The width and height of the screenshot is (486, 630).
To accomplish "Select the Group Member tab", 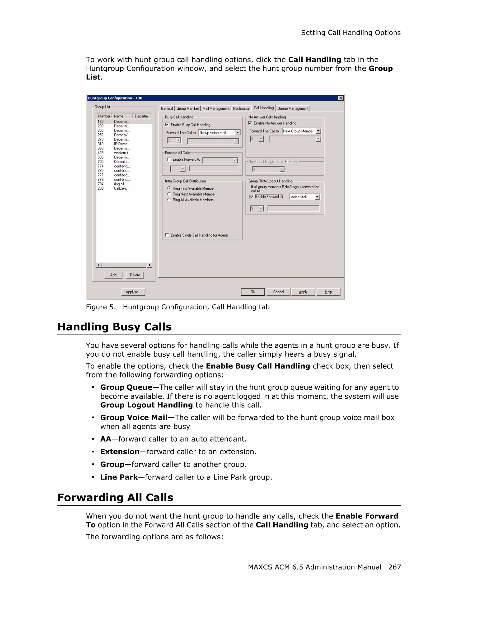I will (187, 108).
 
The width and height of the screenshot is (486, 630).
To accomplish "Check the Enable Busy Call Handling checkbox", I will (167, 125).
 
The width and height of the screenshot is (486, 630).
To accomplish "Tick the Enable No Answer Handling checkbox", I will (250, 123).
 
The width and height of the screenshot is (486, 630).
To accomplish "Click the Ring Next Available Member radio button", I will (169, 194).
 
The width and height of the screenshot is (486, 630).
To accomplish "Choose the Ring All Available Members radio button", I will (169, 200).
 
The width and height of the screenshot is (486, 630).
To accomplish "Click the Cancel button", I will (278, 292).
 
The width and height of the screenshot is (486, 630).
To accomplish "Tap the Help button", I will (328, 292).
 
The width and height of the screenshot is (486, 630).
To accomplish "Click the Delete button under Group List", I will (135, 275).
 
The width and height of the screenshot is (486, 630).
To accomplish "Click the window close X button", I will (341, 98).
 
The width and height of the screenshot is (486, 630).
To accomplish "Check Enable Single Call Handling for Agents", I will (167, 235).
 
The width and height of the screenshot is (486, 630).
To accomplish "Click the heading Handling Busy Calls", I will (115, 327).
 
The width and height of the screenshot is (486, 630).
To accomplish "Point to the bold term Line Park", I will (119, 477).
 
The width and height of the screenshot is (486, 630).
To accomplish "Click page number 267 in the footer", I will (394, 567).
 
